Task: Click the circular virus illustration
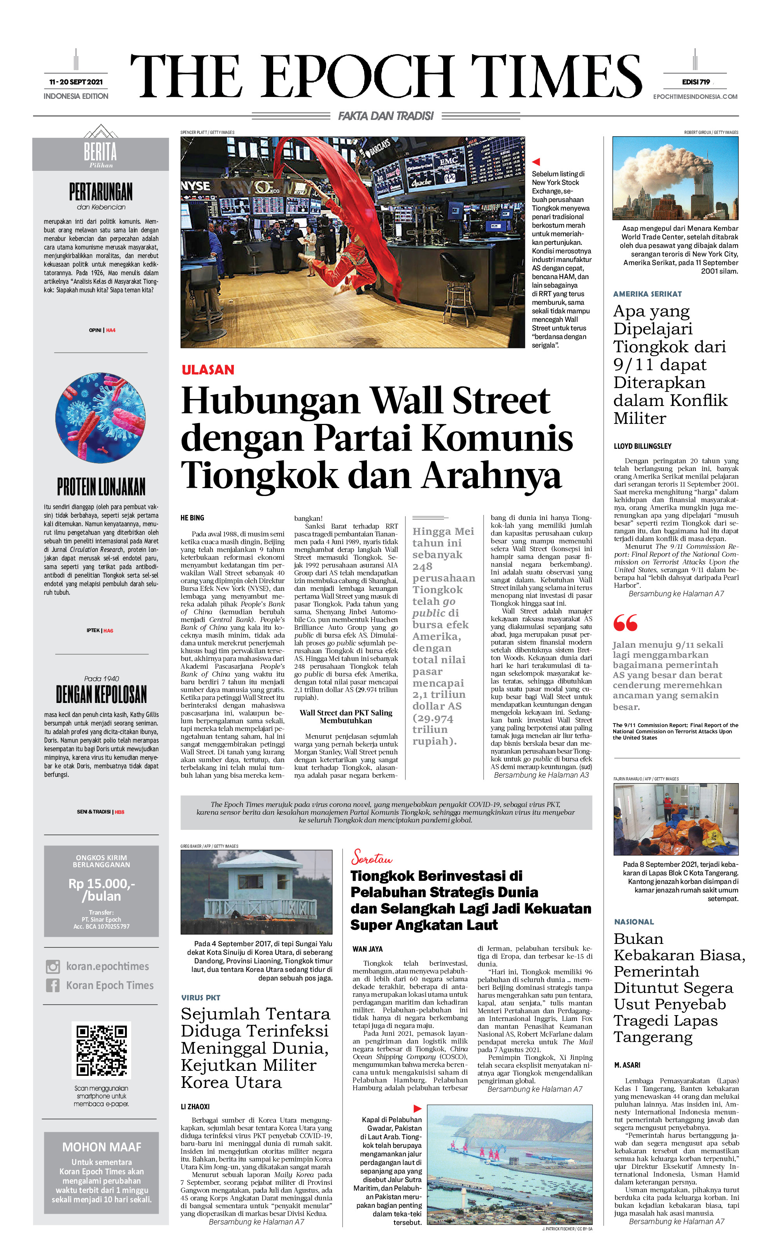coord(100,417)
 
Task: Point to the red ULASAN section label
coord(208,370)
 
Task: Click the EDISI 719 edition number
coord(695,82)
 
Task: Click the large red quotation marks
coord(625,623)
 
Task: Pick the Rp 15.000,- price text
coord(102,884)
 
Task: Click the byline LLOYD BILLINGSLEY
coord(642,446)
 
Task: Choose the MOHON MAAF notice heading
coord(102,1147)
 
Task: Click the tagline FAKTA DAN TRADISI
coord(386,116)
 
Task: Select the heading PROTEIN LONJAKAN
coord(101,487)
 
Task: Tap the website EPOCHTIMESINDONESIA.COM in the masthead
coord(695,97)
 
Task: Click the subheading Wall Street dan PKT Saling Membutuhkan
coord(346,717)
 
